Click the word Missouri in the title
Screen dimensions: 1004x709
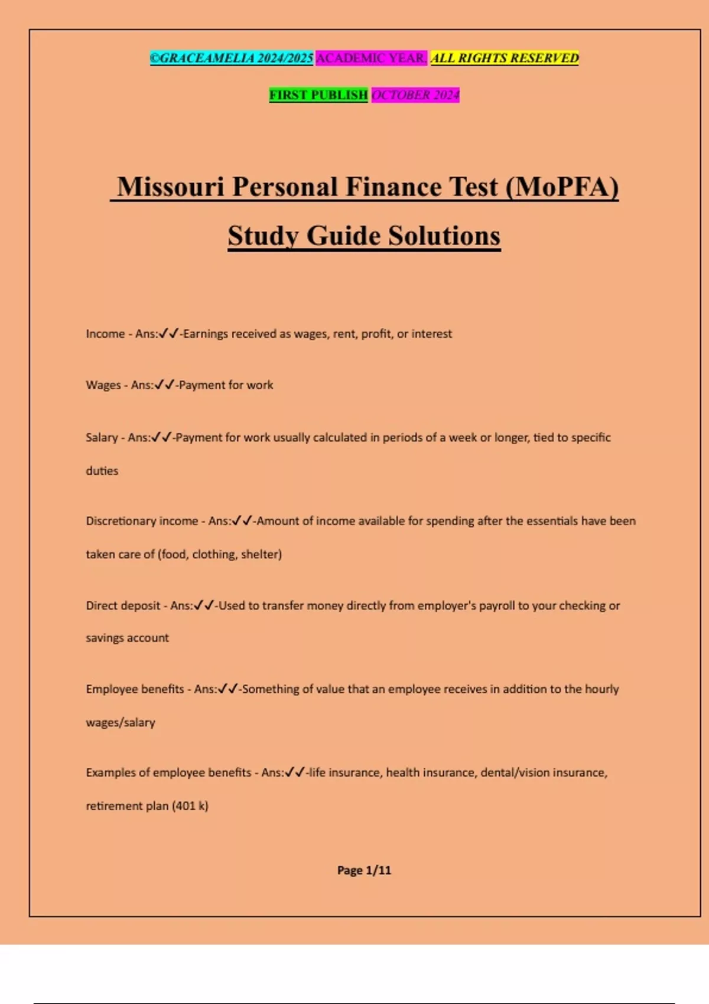[171, 187]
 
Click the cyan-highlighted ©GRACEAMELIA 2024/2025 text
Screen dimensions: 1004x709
[232, 58]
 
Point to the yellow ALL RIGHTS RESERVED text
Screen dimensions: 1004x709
[505, 58]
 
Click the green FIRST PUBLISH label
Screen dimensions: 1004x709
[318, 94]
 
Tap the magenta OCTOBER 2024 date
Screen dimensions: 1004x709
[415, 94]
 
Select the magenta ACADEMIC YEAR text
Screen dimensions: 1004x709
[371, 58]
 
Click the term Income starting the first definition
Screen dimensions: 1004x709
[105, 334]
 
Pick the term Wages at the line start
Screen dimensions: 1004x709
[103, 385]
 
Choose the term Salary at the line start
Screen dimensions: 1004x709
[102, 438]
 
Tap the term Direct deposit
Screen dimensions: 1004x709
[123, 605]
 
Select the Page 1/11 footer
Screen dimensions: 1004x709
[364, 870]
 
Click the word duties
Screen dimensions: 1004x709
[102, 471]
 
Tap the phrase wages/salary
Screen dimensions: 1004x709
[121, 722]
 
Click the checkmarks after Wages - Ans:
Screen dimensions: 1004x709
[165, 385]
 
